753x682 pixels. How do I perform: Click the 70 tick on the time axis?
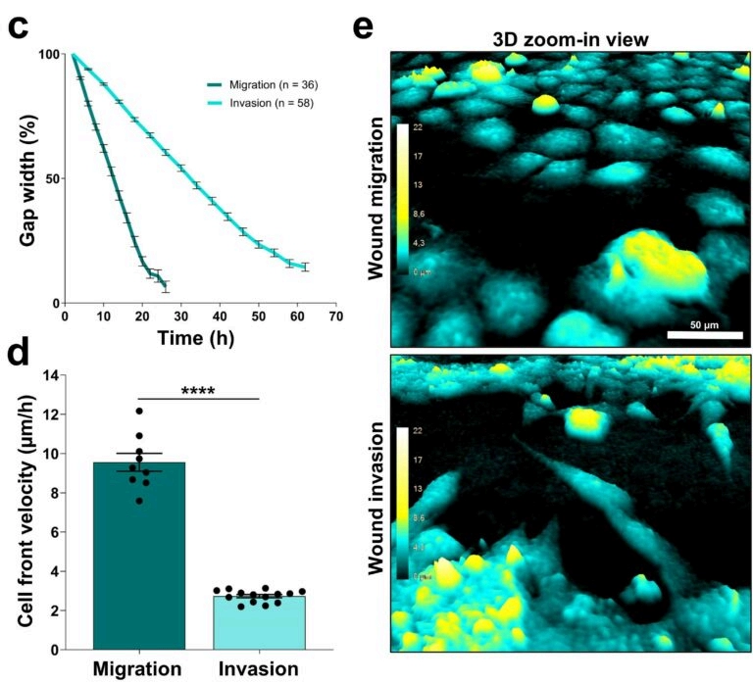coord(335,317)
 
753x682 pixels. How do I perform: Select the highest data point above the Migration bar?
coord(139,412)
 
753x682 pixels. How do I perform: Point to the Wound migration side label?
coord(376,198)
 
